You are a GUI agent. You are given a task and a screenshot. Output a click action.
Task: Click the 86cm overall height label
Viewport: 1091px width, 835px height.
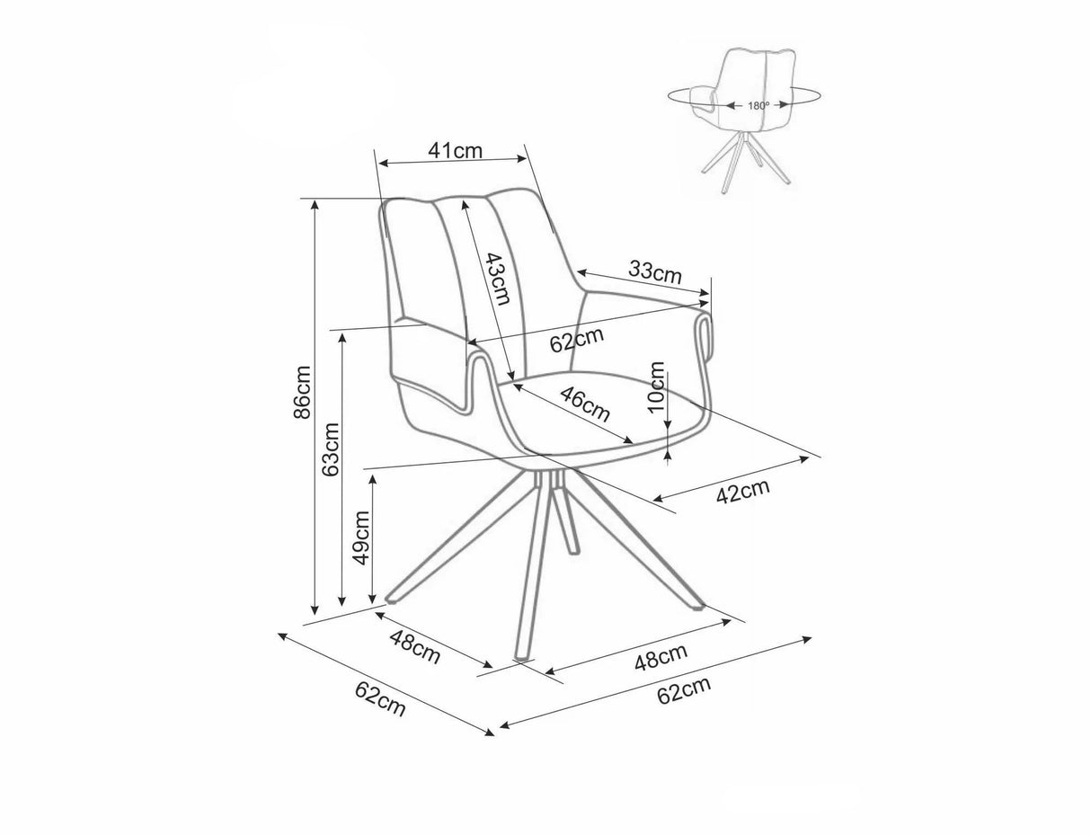pyautogui.click(x=302, y=393)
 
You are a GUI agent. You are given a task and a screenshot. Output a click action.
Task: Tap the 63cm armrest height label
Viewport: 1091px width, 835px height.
pyautogui.click(x=331, y=449)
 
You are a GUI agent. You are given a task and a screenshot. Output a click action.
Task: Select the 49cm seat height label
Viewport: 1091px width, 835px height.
pyautogui.click(x=361, y=537)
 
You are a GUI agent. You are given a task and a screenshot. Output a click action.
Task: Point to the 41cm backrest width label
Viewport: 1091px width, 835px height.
pyautogui.click(x=455, y=150)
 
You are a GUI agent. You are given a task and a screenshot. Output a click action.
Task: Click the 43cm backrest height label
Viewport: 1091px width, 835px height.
pyautogui.click(x=498, y=279)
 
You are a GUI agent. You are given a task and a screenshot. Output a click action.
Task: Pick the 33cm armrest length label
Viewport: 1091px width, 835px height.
pyautogui.click(x=655, y=271)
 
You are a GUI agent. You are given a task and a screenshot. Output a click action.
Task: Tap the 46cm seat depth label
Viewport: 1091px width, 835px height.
pyautogui.click(x=585, y=404)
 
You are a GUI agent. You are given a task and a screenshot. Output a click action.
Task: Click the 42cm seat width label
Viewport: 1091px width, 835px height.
pyautogui.click(x=742, y=491)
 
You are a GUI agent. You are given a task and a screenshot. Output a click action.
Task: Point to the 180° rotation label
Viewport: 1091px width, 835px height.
pyautogui.click(x=758, y=105)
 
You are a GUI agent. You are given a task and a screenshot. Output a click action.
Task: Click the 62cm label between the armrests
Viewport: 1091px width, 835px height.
pyautogui.click(x=577, y=340)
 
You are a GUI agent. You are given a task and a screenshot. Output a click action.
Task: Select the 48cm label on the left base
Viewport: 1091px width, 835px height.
pyautogui.click(x=414, y=647)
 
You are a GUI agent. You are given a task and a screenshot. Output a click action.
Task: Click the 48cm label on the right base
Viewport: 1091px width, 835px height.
pyautogui.click(x=661, y=657)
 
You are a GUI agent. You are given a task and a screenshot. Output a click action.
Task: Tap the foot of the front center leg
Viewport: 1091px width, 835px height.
pyautogui.click(x=521, y=657)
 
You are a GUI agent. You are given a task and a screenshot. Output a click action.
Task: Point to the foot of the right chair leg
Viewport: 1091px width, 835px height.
pyautogui.click(x=697, y=606)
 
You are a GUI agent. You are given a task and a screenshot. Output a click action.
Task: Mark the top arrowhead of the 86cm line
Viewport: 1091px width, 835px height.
pyautogui.click(x=315, y=205)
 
